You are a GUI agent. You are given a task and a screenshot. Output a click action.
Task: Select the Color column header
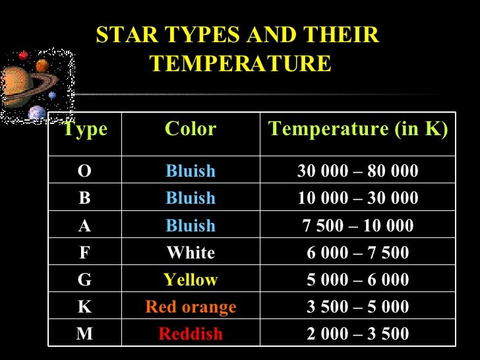point(191,129)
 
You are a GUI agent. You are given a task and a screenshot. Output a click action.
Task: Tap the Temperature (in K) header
point(358,129)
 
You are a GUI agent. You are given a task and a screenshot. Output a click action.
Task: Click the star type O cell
point(84,171)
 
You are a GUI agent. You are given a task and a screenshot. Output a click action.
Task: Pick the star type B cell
point(84,198)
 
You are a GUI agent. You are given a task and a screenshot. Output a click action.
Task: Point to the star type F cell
point(84,253)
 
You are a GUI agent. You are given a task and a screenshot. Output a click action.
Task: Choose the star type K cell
point(84,307)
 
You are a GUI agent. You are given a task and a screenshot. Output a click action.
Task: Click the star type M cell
point(84,334)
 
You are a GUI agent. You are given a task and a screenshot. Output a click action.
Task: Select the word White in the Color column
point(191,253)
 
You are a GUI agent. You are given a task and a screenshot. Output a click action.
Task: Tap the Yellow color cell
point(191,280)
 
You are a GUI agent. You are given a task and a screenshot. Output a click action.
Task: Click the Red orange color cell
point(191,307)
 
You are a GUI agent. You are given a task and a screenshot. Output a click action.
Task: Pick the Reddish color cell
point(191,334)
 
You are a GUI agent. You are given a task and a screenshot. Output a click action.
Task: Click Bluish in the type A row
point(191,225)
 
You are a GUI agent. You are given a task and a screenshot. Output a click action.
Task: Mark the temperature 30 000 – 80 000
point(358,171)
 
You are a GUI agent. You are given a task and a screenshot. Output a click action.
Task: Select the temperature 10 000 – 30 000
point(358,198)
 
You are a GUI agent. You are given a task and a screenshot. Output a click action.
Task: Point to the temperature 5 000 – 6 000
point(358,280)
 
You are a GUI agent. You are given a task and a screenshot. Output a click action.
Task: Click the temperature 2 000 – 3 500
point(358,334)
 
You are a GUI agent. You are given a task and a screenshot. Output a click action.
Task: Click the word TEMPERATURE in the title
point(240,64)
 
